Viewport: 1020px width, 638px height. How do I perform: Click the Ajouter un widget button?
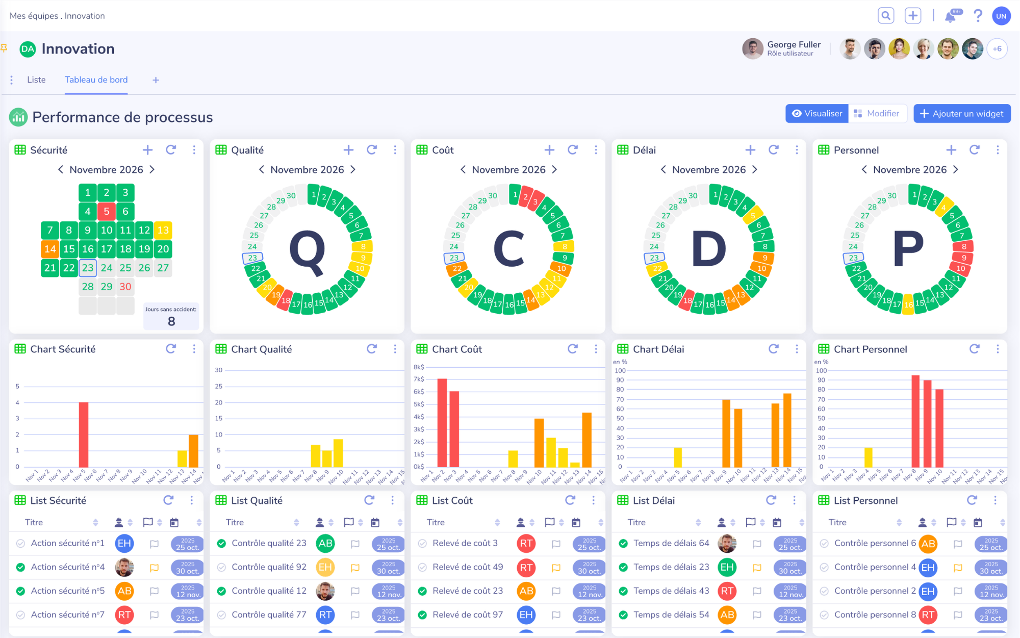tap(961, 114)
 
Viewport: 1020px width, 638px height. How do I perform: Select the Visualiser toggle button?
tap(817, 114)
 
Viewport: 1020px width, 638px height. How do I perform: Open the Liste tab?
tap(36, 80)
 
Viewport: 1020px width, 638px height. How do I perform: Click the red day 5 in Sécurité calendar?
tap(107, 211)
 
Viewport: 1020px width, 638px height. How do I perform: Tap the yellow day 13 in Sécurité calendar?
tap(163, 230)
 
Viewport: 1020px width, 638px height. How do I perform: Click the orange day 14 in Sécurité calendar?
tap(50, 249)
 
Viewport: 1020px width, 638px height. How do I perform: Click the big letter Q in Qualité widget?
tap(307, 250)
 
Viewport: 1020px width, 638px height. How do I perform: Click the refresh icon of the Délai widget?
tap(774, 150)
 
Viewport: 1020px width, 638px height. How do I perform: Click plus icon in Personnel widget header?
tap(951, 150)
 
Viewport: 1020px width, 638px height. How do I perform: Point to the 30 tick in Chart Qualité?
tap(219, 370)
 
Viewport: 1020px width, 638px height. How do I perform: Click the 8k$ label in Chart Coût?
tap(419, 367)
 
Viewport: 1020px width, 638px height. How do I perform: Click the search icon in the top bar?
tap(886, 16)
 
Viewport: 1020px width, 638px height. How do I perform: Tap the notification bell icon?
tap(950, 17)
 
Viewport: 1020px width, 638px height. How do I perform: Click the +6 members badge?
tap(997, 49)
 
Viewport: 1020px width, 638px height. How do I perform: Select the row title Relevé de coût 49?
tap(467, 567)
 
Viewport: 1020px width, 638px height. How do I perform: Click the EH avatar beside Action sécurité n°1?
tap(124, 544)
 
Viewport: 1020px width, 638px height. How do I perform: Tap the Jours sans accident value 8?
tap(171, 321)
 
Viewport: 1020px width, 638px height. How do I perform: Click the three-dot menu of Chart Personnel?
tap(998, 349)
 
